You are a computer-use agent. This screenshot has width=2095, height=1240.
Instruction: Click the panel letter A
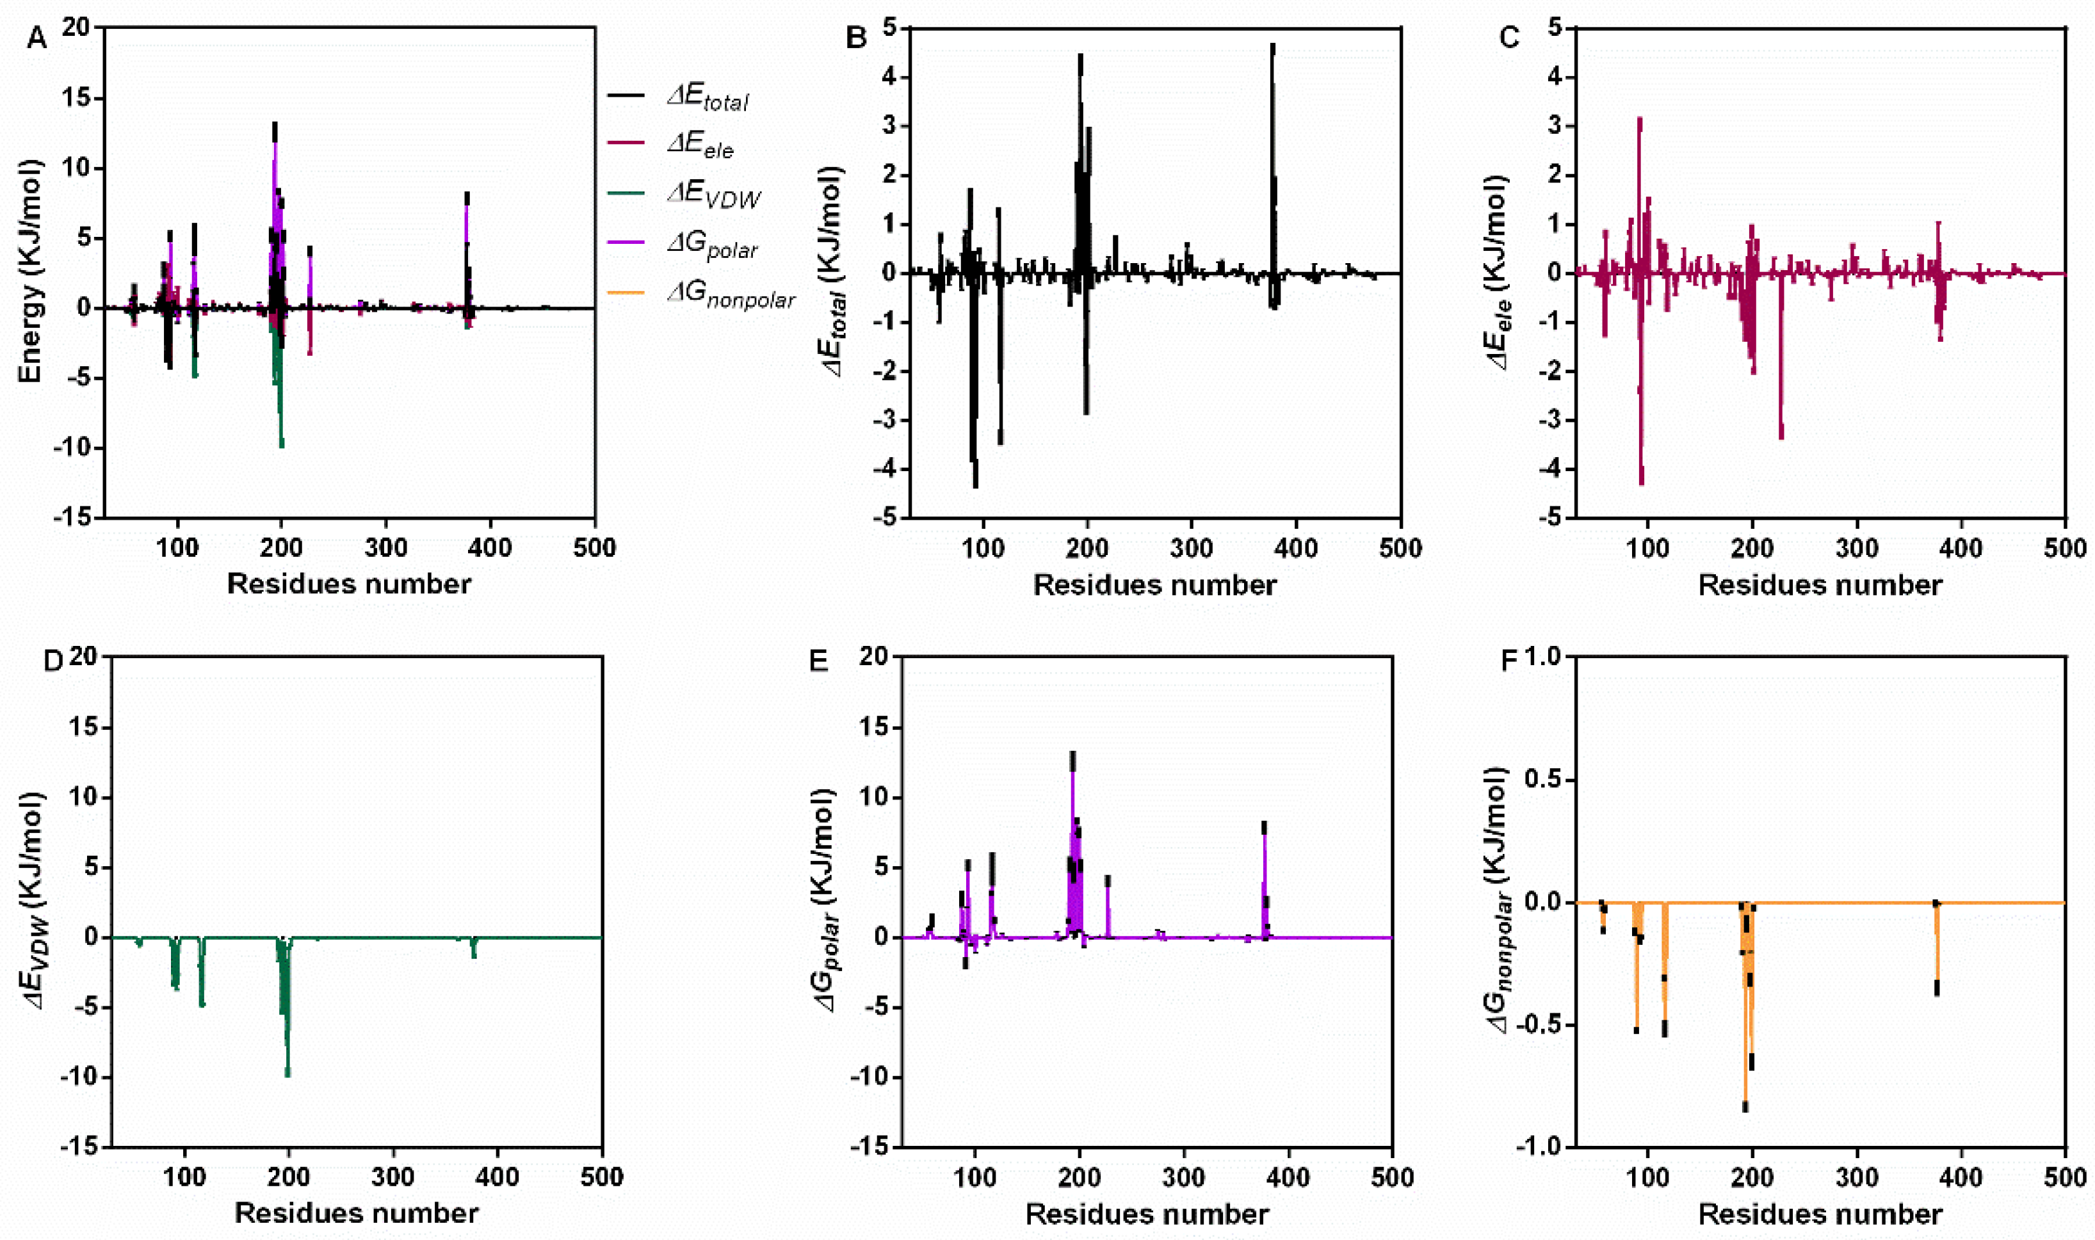tap(36, 38)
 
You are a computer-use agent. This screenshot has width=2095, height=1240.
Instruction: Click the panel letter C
tap(1509, 38)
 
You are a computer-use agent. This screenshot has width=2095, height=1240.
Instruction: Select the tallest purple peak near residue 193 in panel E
tap(1072, 756)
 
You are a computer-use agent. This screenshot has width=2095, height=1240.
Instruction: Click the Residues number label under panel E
tap(1147, 1213)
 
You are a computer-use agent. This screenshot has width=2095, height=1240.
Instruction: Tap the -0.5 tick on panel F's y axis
tap(1539, 1026)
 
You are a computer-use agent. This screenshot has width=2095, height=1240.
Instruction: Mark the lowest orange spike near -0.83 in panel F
tap(1745, 1106)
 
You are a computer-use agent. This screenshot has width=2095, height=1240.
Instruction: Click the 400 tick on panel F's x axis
tap(1961, 1177)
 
